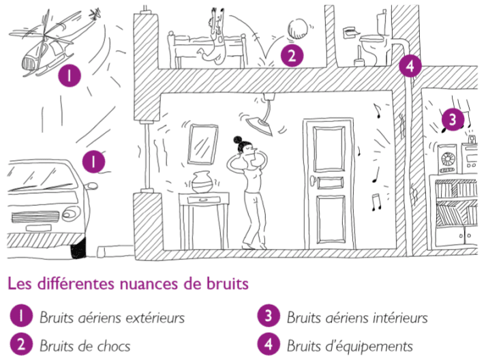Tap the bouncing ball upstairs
pyautogui.click(x=298, y=29)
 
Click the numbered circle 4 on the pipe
pyautogui.click(x=410, y=66)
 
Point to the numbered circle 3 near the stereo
pyautogui.click(x=453, y=119)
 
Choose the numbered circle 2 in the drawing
pyautogui.click(x=292, y=55)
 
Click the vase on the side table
pyautogui.click(x=202, y=182)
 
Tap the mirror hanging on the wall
pyautogui.click(x=202, y=145)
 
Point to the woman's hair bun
pyautogui.click(x=238, y=140)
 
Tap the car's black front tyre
pyautogui.click(x=78, y=248)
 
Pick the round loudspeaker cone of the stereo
pyautogui.click(x=448, y=160)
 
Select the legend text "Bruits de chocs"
pyautogui.click(x=85, y=346)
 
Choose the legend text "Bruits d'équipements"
pyautogui.click(x=350, y=346)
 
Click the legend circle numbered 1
pyautogui.click(x=21, y=316)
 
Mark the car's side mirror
pyautogui.click(x=91, y=186)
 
